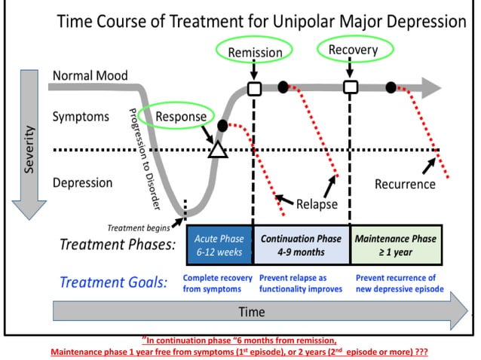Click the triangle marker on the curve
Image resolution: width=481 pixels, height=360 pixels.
(217, 149)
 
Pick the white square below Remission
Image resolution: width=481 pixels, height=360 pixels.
(254, 88)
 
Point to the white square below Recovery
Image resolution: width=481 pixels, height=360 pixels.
(351, 87)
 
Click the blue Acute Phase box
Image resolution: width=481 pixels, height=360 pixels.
(219, 245)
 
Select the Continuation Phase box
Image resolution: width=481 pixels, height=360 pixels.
(301, 245)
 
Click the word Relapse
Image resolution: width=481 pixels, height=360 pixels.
(317, 204)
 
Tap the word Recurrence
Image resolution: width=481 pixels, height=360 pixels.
(405, 184)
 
